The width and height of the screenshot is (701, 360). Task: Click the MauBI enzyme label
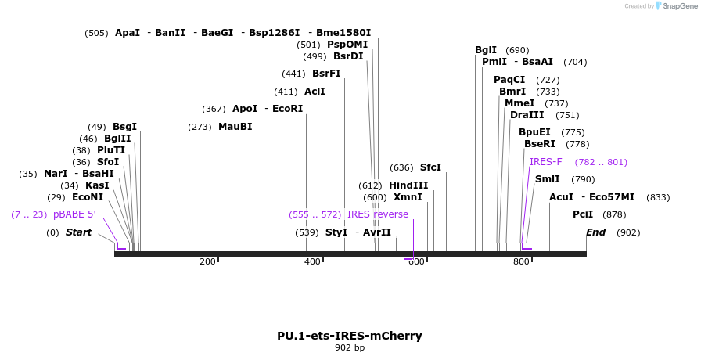pos(235,127)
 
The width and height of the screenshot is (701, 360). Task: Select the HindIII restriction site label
pos(408,185)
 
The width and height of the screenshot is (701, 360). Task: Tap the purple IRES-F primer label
pos(545,162)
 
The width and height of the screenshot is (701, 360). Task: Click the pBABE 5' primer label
pos(74,214)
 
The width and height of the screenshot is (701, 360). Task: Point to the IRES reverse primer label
pos(378,214)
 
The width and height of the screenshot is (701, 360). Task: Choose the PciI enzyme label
pos(583,214)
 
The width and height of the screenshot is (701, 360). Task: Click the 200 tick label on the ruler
pos(207,261)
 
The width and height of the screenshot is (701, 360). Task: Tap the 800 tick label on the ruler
pos(521,261)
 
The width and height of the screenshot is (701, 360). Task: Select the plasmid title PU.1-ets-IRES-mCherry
pos(350,336)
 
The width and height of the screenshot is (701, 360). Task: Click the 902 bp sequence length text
pos(350,347)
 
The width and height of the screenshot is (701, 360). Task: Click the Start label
pos(78,232)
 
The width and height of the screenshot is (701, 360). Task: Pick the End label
pos(596,232)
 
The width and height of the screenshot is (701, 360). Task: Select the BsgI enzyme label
pos(124,127)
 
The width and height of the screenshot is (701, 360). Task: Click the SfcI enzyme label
pos(430,167)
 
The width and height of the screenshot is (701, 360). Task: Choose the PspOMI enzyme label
pos(347,45)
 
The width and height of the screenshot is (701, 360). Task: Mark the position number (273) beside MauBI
pos(200,127)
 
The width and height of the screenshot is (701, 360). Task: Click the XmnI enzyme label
pos(408,197)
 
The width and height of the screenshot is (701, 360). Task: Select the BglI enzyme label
pos(486,50)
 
